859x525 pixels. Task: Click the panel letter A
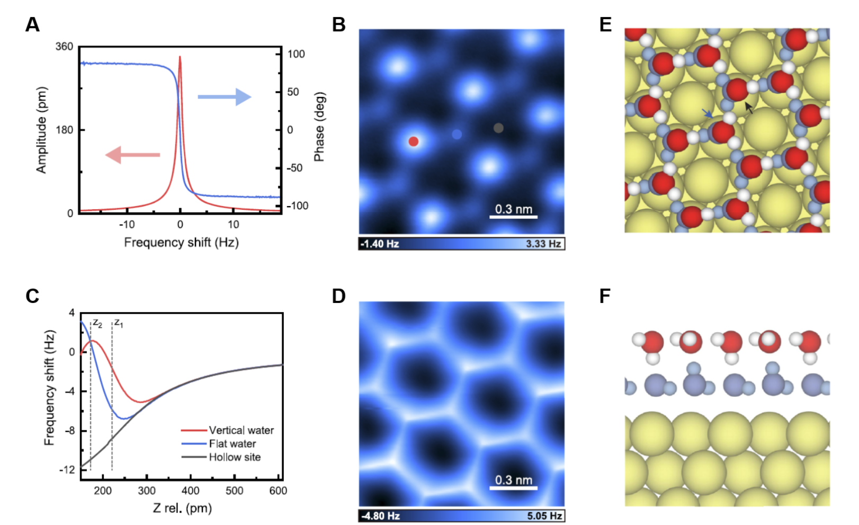pyautogui.click(x=32, y=24)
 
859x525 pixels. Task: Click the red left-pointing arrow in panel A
pyautogui.click(x=132, y=155)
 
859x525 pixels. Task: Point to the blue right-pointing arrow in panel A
pyautogui.click(x=224, y=97)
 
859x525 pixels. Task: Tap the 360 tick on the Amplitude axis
pyautogui.click(x=64, y=47)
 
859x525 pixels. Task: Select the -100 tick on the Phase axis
pyautogui.click(x=297, y=206)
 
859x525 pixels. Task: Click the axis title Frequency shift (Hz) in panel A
pyautogui.click(x=181, y=243)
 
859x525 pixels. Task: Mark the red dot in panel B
pyautogui.click(x=414, y=141)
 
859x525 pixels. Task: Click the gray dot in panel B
pyautogui.click(x=498, y=128)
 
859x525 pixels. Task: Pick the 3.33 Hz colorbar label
pyautogui.click(x=543, y=244)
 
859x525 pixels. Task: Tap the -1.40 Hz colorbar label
pyautogui.click(x=380, y=244)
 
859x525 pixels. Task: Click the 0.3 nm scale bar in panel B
pyautogui.click(x=513, y=216)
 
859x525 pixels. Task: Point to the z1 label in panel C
pyautogui.click(x=119, y=323)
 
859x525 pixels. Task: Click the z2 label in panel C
pyautogui.click(x=97, y=323)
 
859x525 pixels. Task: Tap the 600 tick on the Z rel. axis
pyautogui.click(x=278, y=491)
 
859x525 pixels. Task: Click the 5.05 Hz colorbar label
pyautogui.click(x=544, y=516)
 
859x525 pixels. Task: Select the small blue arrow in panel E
pyautogui.click(x=707, y=113)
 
